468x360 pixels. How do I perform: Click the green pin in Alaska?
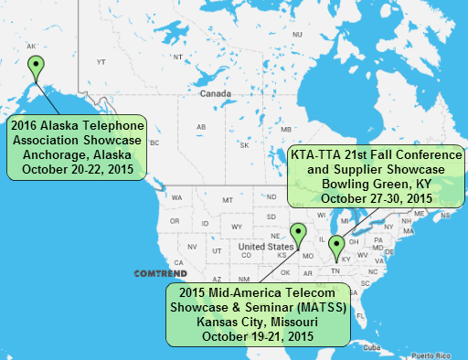tap(36, 67)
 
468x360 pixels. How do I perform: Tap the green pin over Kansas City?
tap(297, 235)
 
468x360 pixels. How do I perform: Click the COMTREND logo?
tap(160, 273)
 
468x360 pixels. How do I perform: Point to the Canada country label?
tap(216, 93)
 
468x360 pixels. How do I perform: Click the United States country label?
tap(266, 247)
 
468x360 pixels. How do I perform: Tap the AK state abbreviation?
tap(32, 46)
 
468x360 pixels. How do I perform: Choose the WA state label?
tap(177, 197)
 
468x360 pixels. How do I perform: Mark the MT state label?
tap(227, 198)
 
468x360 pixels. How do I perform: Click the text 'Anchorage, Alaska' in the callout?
tap(76, 155)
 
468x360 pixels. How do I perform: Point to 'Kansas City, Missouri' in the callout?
tap(256, 323)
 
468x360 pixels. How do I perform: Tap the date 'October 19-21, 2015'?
tap(256, 336)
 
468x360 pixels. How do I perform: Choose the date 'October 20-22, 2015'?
tap(76, 169)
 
